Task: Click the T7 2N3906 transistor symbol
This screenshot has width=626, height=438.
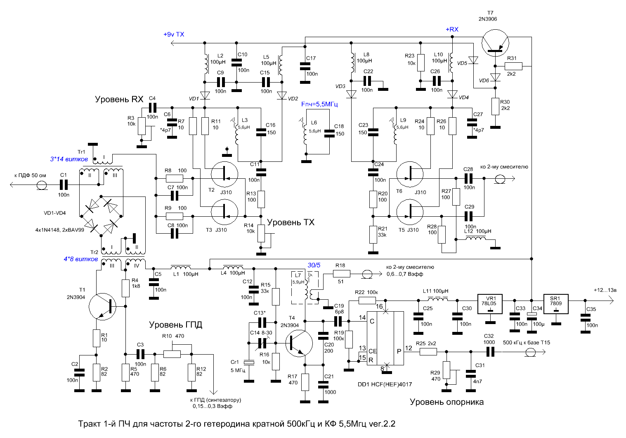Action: [x=495, y=43]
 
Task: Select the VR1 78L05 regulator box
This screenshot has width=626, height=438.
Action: [x=490, y=304]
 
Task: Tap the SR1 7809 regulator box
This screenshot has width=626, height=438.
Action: [x=556, y=304]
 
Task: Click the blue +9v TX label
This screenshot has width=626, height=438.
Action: [x=174, y=34]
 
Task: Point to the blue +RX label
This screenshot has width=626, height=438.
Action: [x=452, y=29]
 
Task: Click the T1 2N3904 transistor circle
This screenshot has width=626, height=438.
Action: [x=102, y=306]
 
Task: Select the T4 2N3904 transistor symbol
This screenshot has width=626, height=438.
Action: [x=299, y=343]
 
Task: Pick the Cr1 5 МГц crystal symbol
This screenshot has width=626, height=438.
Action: [x=249, y=362]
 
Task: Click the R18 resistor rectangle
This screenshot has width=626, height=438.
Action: [x=342, y=274]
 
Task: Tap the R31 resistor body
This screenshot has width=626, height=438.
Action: [x=513, y=66]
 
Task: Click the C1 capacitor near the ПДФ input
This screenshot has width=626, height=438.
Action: [x=64, y=185]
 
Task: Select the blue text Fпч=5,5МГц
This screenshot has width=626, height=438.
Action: [x=319, y=104]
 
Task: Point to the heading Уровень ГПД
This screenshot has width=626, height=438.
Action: [x=175, y=324]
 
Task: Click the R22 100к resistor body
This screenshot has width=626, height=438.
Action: [x=367, y=301]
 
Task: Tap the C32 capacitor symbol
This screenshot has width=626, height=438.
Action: [x=491, y=352]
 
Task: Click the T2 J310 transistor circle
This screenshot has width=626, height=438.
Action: [x=224, y=174]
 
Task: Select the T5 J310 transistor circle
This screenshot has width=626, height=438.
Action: [x=410, y=212]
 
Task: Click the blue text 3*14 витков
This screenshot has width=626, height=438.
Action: [x=69, y=159]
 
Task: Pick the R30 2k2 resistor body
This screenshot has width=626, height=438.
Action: [x=495, y=107]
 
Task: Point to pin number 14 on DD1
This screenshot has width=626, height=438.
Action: [x=362, y=317]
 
